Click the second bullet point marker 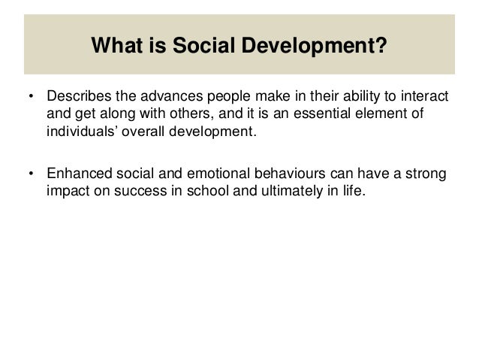[x=31, y=176]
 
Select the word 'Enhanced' [x=75, y=175]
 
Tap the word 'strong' [x=428, y=175]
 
